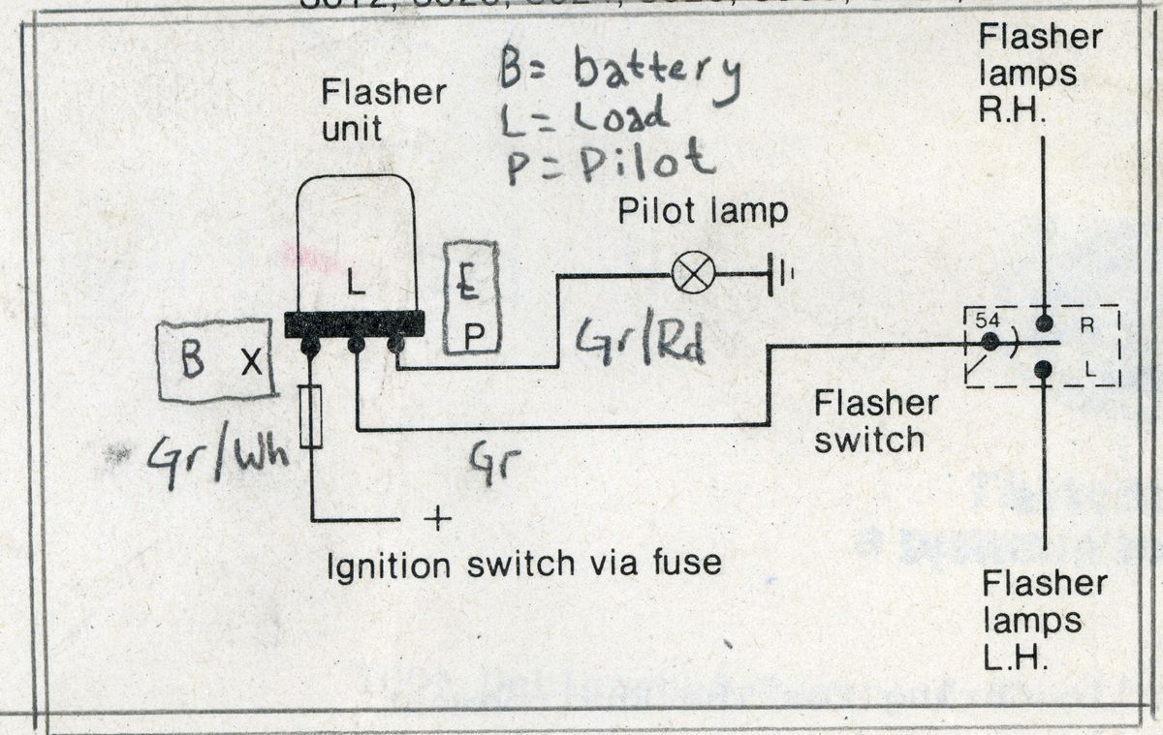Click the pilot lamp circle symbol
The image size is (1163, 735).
click(694, 275)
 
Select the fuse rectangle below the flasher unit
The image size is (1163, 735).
click(310, 416)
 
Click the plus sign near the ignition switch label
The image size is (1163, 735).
click(437, 519)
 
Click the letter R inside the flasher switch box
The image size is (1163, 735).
click(1087, 325)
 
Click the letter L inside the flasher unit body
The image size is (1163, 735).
click(356, 285)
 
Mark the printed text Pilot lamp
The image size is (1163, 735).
click(704, 211)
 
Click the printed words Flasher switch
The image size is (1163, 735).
click(869, 422)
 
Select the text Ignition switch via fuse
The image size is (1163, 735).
click(525, 563)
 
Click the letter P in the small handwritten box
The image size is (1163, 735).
click(475, 334)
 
